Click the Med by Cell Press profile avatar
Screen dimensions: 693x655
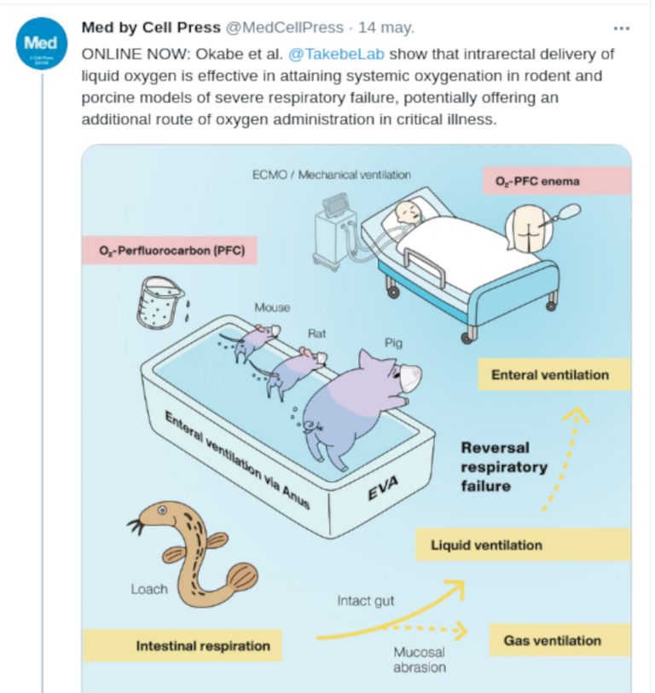coord(41,43)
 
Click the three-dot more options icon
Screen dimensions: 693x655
coord(621,28)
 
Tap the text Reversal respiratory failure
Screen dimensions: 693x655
coord(503,466)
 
